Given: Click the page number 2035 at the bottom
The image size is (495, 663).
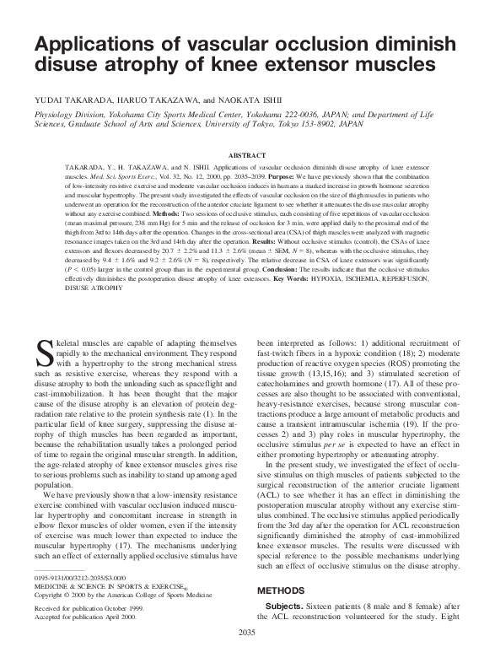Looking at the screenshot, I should (247, 655).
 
